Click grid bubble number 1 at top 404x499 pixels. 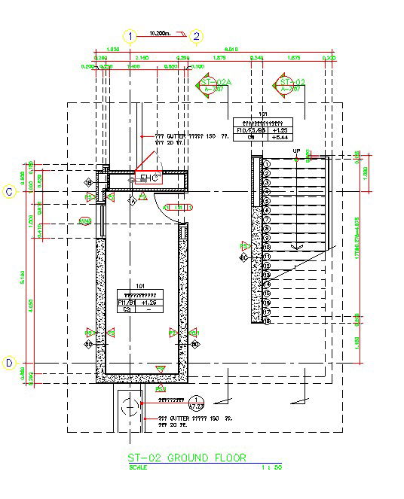(x=131, y=35)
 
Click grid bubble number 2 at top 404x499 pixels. (x=196, y=35)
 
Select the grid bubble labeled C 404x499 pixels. (x=9, y=192)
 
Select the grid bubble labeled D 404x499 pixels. (x=9, y=363)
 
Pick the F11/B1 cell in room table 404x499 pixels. (x=125, y=302)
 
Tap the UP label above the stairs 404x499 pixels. (x=296, y=152)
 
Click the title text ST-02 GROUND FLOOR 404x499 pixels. (x=186, y=458)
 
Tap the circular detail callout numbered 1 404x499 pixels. (x=197, y=402)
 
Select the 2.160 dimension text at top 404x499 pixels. (x=141, y=57)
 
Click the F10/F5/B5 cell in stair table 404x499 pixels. (x=251, y=130)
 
